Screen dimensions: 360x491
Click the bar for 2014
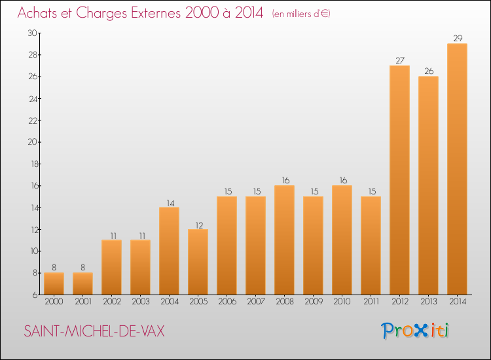pyautogui.click(x=457, y=169)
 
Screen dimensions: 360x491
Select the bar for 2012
pyautogui.click(x=399, y=180)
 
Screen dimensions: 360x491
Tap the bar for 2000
pyautogui.click(x=54, y=283)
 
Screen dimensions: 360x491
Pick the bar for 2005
pyautogui.click(x=198, y=262)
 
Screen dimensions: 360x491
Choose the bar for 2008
pyautogui.click(x=284, y=240)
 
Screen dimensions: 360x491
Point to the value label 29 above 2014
pyautogui.click(x=457, y=39)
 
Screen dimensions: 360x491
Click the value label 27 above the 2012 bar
pyautogui.click(x=399, y=61)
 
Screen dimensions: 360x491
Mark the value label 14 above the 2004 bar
pyautogui.click(x=169, y=202)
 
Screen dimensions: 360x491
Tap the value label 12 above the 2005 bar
pyautogui.click(x=198, y=224)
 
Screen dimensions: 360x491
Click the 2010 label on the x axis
pyautogui.click(x=342, y=302)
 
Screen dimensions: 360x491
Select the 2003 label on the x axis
pyautogui.click(x=140, y=302)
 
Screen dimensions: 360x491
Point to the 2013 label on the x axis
pyautogui.click(x=428, y=302)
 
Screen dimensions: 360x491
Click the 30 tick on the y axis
pyautogui.click(x=32, y=33)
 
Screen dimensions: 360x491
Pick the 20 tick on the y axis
pyautogui.click(x=32, y=142)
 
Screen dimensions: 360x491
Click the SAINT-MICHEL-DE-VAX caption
pyautogui.click(x=94, y=331)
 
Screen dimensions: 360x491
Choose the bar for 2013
pyautogui.click(x=428, y=185)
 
